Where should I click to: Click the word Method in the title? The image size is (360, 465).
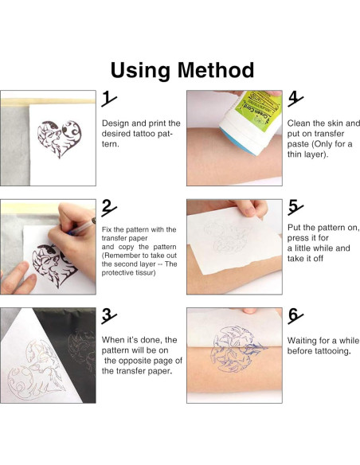tap(216, 70)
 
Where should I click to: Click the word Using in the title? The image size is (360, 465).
tap(141, 71)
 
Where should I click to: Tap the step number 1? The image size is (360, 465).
tap(108, 99)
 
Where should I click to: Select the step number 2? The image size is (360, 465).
tap(108, 207)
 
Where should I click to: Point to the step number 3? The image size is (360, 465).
tap(108, 316)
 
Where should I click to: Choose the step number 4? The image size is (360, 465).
tap(295, 99)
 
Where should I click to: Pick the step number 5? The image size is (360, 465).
tap(295, 207)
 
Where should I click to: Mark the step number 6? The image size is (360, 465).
tap(295, 316)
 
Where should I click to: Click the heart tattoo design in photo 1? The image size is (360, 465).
tap(59, 139)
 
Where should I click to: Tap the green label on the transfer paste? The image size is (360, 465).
tap(257, 111)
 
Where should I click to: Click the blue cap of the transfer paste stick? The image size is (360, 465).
tap(238, 142)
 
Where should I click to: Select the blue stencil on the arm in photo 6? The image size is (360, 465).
tap(236, 350)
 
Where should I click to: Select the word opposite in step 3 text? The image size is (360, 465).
tap(155, 361)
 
